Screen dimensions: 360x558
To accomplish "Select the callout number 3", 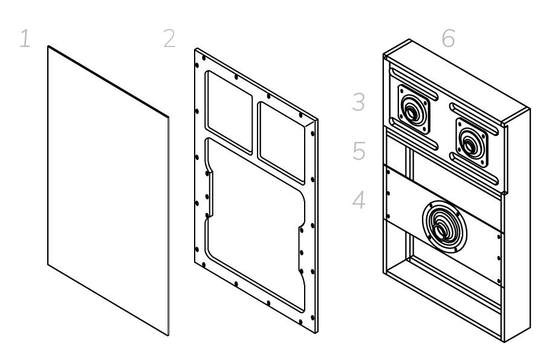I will [x=359, y=103].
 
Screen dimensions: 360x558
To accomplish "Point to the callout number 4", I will [x=359, y=200].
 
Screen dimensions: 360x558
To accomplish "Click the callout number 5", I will [x=359, y=152].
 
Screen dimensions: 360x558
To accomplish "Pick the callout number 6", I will [x=448, y=39].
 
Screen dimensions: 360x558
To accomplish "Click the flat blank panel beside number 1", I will [x=108, y=190].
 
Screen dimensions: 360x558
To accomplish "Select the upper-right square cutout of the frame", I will [x=282, y=142].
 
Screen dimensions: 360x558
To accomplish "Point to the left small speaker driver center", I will [x=413, y=111].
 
